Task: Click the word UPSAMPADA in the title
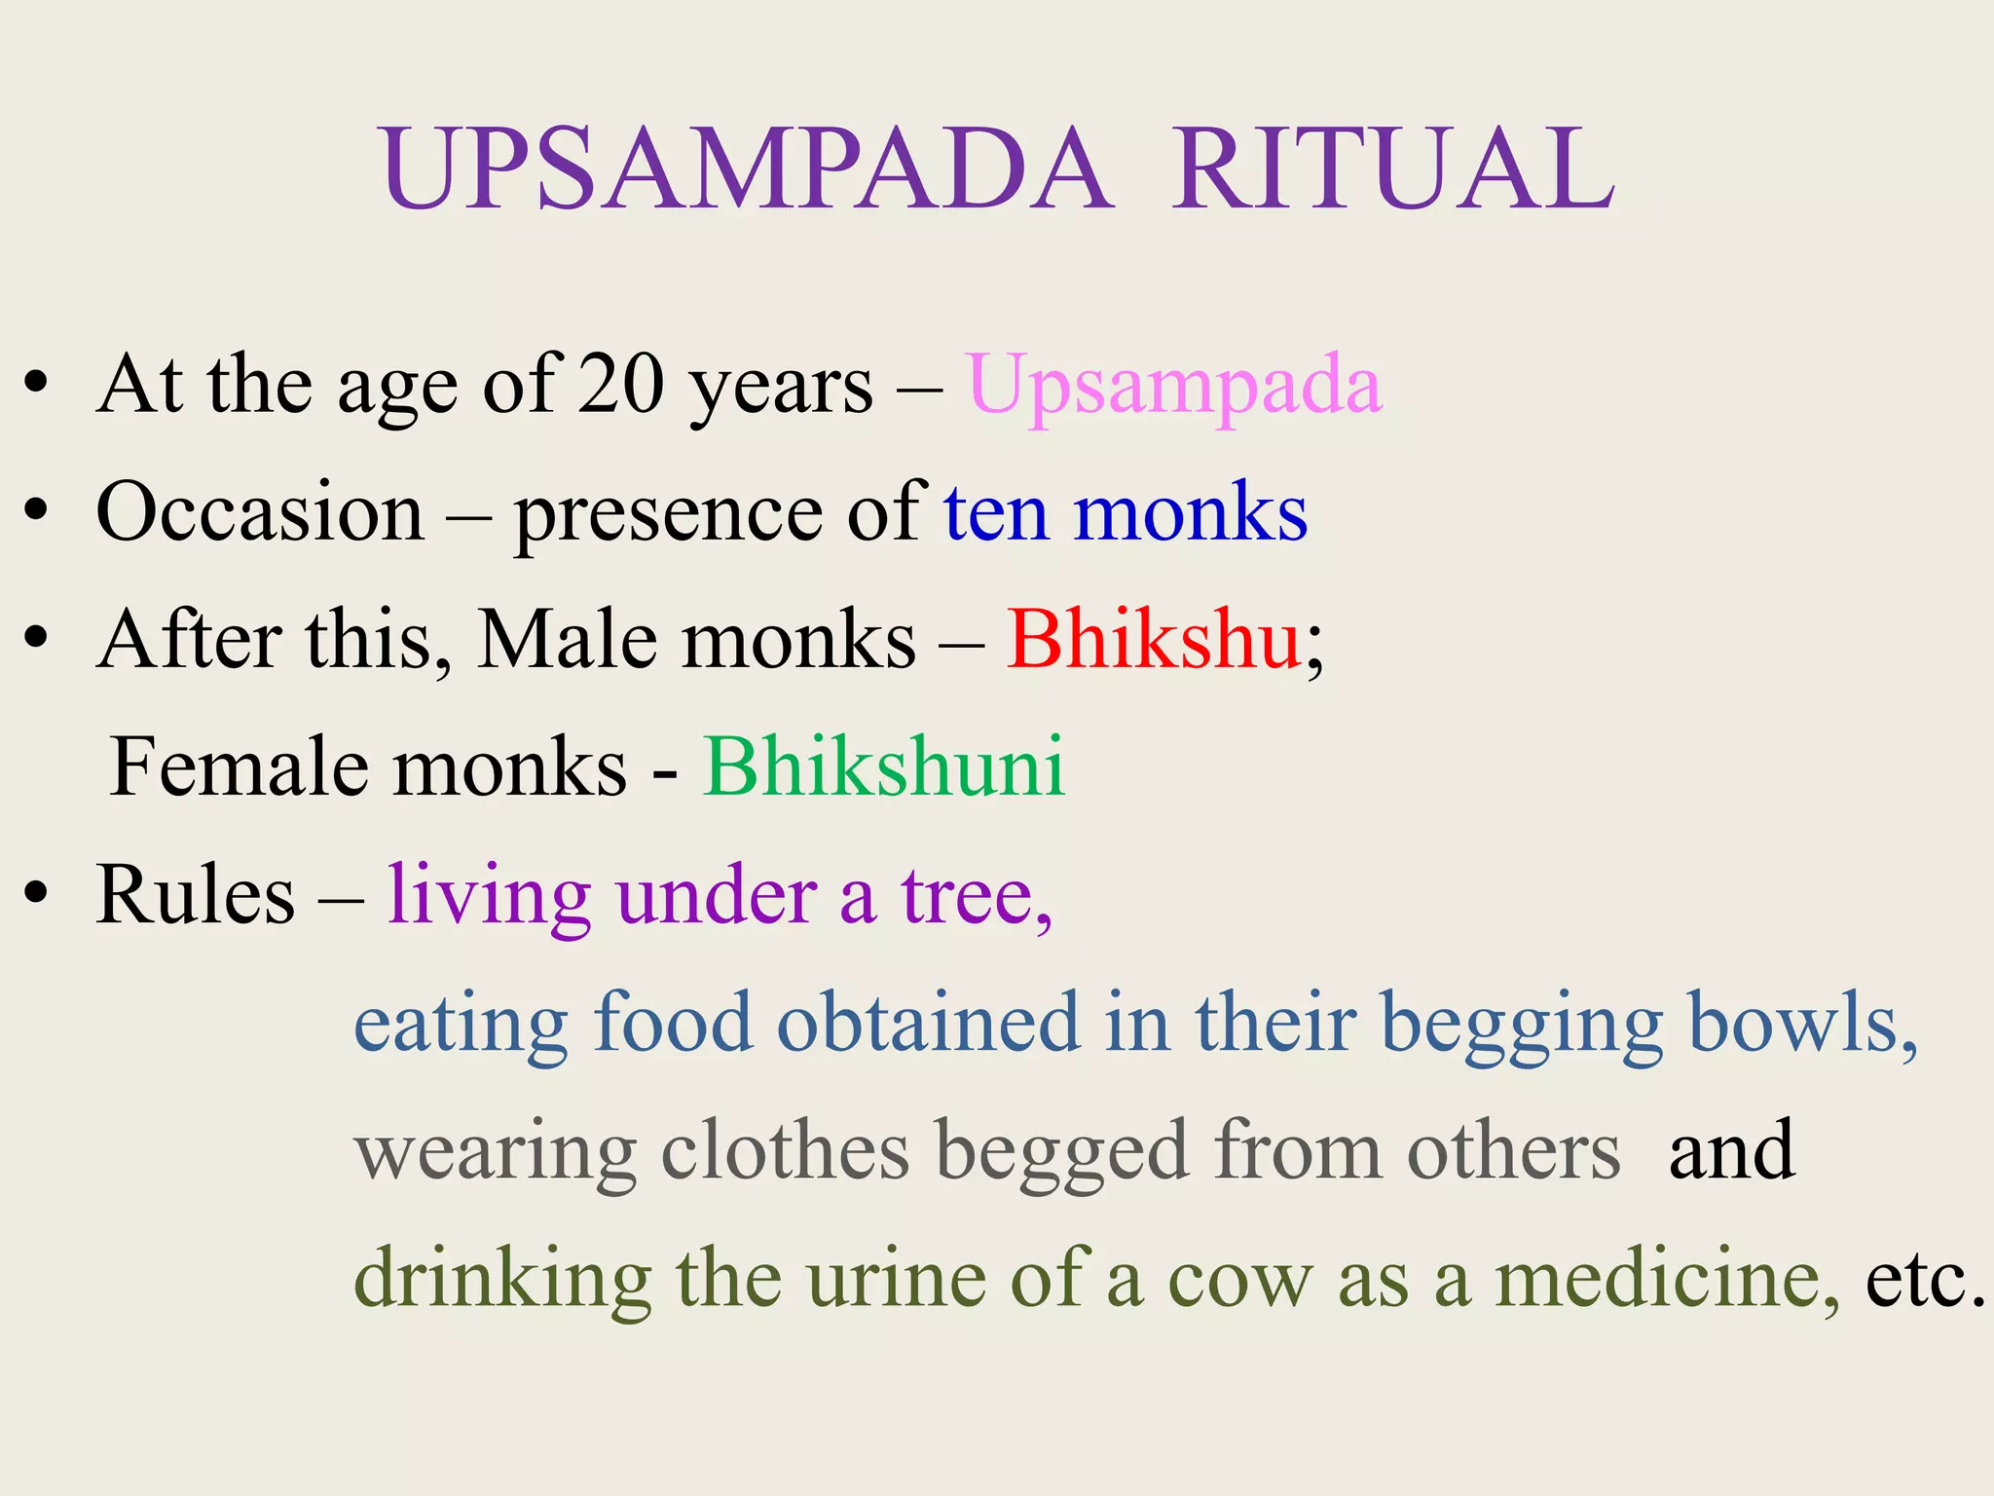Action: (746, 169)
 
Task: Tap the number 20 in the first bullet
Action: (619, 385)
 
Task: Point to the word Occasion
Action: (260, 512)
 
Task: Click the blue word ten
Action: (995, 512)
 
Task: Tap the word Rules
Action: (195, 895)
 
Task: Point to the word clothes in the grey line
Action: (785, 1150)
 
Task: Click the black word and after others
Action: (1731, 1150)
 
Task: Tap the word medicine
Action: (1665, 1278)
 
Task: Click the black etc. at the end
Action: (1924, 1278)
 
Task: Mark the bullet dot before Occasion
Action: (36, 510)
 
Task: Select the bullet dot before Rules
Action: (36, 893)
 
